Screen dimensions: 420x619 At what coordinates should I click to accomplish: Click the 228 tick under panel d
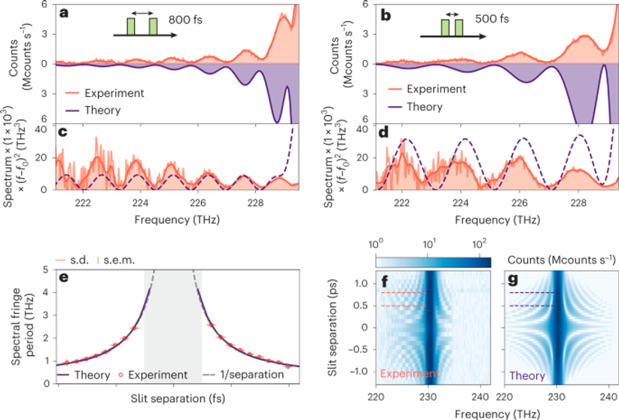[578, 202]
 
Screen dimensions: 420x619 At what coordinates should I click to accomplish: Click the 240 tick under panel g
[605, 392]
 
